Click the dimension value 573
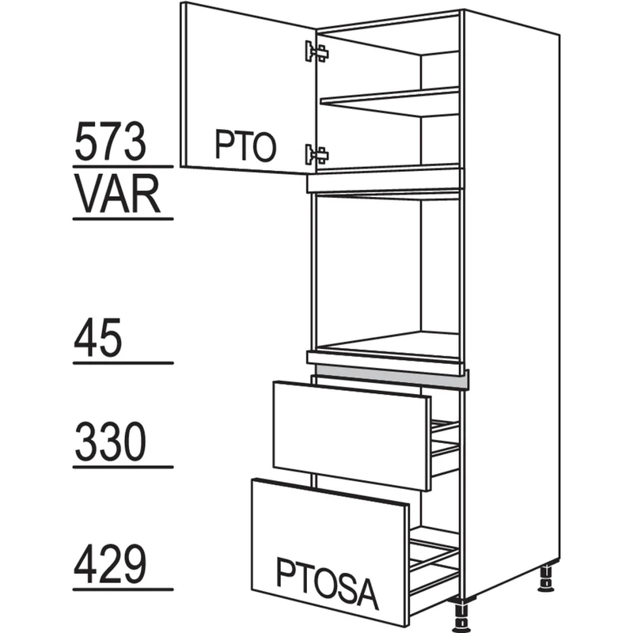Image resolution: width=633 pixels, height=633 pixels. pyautogui.click(x=110, y=142)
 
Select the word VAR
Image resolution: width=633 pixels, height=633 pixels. pyautogui.click(x=117, y=194)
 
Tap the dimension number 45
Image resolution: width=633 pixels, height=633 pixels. pyautogui.click(x=97, y=337)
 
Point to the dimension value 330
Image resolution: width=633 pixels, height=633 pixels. pyautogui.click(x=110, y=442)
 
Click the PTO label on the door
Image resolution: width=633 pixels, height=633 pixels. pyautogui.click(x=245, y=146)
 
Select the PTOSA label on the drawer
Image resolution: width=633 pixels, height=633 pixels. pyautogui.click(x=328, y=583)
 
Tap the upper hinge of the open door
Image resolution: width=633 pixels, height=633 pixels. pyautogui.click(x=317, y=51)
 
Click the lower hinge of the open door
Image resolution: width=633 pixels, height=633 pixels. pyautogui.click(x=317, y=154)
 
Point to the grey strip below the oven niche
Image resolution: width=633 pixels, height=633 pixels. pyautogui.click(x=392, y=377)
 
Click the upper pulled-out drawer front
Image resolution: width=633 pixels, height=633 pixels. pyautogui.click(x=351, y=435)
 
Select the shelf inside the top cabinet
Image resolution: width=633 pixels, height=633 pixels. pyautogui.click(x=389, y=102)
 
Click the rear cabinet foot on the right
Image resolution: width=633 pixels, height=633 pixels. pyautogui.click(x=546, y=578)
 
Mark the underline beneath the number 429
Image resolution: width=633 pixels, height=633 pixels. pyautogui.click(x=123, y=589)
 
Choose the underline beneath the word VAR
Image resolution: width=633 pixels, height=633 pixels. pyautogui.click(x=123, y=219)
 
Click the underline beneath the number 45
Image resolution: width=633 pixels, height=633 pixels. pyautogui.click(x=123, y=363)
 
